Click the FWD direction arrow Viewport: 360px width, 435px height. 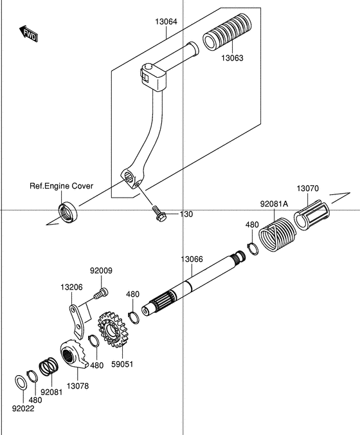[29, 34]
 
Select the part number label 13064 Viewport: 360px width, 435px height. [166, 21]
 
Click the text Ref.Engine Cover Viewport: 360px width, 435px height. [62, 186]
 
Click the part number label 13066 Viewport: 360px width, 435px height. [192, 259]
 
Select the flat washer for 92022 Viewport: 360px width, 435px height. [21, 382]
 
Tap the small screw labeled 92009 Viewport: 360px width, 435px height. [100, 294]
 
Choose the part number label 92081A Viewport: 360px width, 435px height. [274, 204]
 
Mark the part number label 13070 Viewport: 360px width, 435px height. [307, 189]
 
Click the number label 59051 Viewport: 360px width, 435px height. [122, 364]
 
